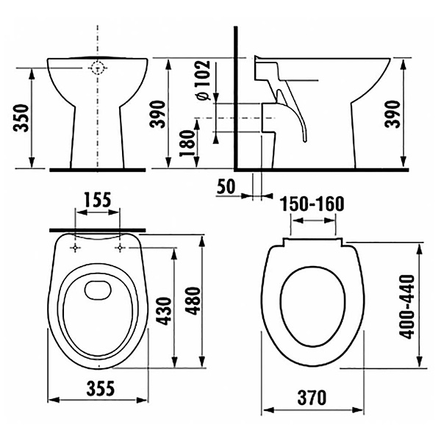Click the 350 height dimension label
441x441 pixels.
coord(21,118)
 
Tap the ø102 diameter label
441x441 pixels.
coord(204,80)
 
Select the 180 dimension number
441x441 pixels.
coord(187,143)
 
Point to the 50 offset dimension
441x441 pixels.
coord(226,187)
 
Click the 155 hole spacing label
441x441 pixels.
coord(98,200)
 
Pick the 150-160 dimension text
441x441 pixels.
coord(312,204)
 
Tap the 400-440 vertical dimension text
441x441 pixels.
coord(407,306)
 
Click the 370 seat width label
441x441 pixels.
coord(312,398)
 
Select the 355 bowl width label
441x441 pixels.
coord(101,388)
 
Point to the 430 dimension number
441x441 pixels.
coord(164,311)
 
